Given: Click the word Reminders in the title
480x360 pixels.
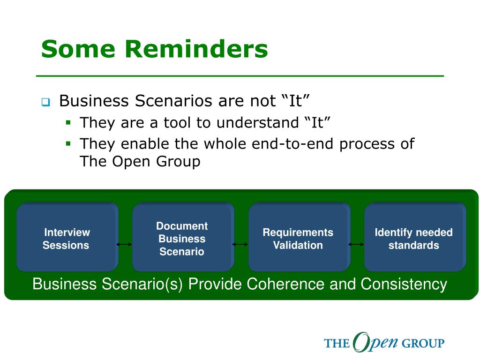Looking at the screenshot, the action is click(196, 49).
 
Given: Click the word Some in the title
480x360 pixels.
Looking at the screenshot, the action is click(78, 49).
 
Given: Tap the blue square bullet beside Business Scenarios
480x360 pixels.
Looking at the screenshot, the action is click(45, 102).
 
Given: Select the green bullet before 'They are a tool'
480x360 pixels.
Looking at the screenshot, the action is click(68, 123).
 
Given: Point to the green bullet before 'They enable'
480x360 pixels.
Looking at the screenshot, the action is click(68, 143).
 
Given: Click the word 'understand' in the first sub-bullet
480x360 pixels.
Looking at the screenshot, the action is click(257, 123).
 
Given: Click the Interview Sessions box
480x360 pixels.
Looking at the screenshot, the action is click(67, 237).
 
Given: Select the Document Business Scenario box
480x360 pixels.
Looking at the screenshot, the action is click(183, 237).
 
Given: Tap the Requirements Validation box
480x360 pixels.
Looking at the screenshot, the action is click(300, 237).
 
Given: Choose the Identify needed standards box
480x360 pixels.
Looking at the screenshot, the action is click(415, 237).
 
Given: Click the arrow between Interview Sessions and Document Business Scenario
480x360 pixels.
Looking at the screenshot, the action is click(124, 244).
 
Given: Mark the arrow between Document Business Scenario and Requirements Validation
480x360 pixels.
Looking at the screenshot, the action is click(240, 244).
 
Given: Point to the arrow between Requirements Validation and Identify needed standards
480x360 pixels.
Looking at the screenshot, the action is click(356, 244).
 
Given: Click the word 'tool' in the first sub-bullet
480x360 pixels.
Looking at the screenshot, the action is click(177, 123).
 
